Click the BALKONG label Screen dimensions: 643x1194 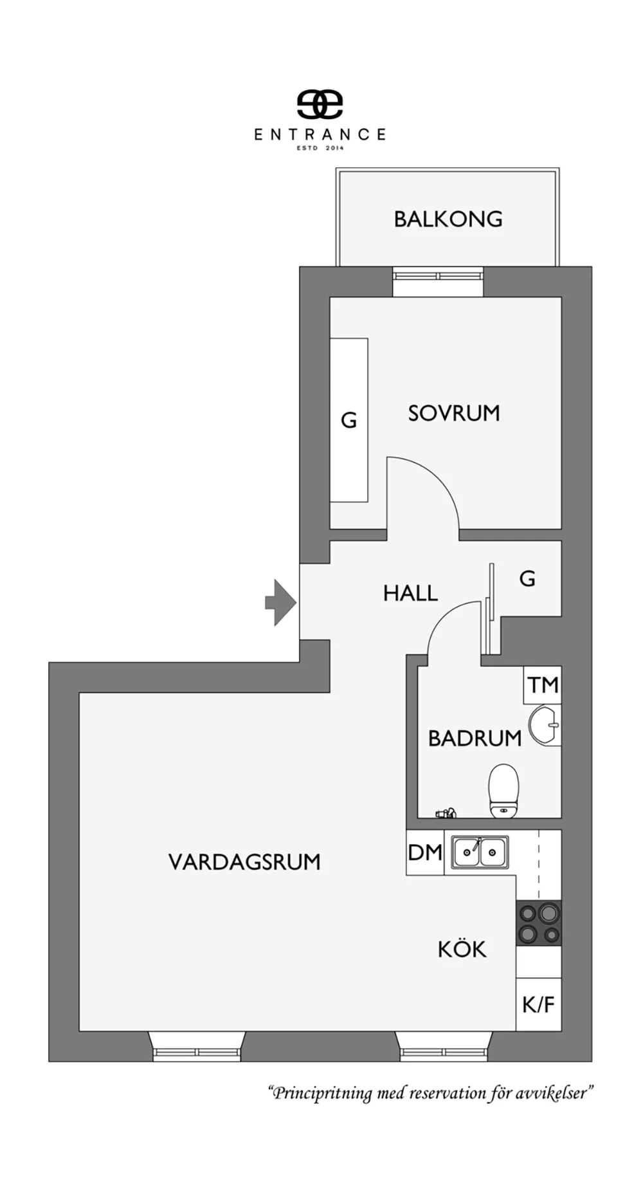pyautogui.click(x=448, y=219)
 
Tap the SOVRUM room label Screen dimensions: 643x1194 pyautogui.click(x=454, y=413)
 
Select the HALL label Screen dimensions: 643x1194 pyautogui.click(x=410, y=593)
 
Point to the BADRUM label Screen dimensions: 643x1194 pyautogui.click(x=475, y=738)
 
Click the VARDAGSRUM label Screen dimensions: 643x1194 pyautogui.click(x=244, y=862)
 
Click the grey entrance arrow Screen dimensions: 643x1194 pyautogui.click(x=281, y=602)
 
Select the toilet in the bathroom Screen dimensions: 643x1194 pyautogui.click(x=503, y=791)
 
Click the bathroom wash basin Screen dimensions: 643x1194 pyautogui.click(x=544, y=725)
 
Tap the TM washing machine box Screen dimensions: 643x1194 pyautogui.click(x=543, y=685)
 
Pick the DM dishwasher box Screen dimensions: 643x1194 pyautogui.click(x=425, y=852)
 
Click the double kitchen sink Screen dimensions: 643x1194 pyautogui.click(x=480, y=852)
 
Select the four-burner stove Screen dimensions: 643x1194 pyautogui.click(x=539, y=923)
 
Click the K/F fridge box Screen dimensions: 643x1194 pyautogui.click(x=539, y=1005)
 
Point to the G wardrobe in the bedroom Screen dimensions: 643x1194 pyautogui.click(x=349, y=420)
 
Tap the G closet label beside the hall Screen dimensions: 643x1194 pyautogui.click(x=527, y=579)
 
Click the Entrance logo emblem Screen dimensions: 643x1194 pyautogui.click(x=320, y=104)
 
